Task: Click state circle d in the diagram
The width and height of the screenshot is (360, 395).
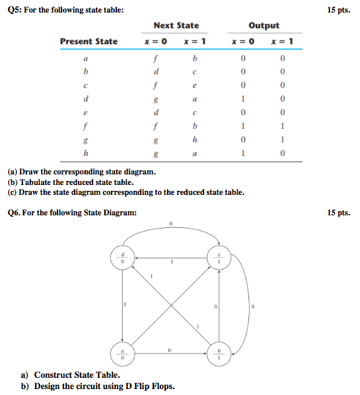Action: point(122,258)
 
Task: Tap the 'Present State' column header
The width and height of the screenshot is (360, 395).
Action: point(89,42)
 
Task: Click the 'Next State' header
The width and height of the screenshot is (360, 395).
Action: point(176,25)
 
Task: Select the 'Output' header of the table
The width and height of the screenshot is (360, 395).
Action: point(264,25)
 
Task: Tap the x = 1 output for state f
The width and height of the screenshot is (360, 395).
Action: point(282,126)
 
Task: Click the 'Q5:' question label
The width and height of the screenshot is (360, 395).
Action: point(15,10)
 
